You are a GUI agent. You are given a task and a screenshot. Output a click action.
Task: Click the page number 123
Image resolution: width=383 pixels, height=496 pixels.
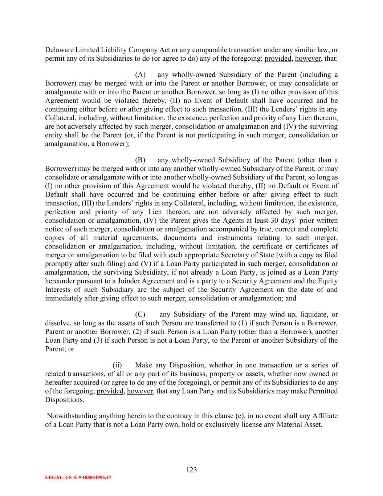(191, 470)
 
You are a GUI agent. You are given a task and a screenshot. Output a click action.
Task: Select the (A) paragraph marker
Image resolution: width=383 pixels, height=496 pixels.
(140, 75)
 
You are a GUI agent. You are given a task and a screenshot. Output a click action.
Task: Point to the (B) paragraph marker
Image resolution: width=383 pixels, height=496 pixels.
(140, 160)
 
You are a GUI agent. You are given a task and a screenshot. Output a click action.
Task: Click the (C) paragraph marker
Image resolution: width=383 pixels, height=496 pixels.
(140, 314)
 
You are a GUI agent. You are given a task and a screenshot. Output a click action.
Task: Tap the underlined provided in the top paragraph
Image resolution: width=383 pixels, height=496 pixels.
(278, 59)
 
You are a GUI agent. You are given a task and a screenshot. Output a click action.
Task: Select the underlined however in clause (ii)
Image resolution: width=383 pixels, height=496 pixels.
(140, 391)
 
